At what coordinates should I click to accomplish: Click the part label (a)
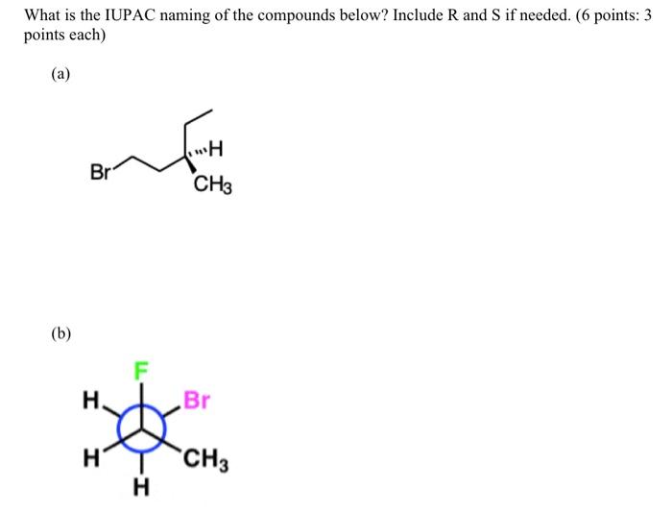pos(61,74)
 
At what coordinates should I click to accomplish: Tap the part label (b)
pos(61,334)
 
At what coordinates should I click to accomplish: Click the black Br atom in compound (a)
pos(99,173)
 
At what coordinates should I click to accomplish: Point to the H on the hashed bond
pos(214,149)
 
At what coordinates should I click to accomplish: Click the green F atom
pos(141,369)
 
